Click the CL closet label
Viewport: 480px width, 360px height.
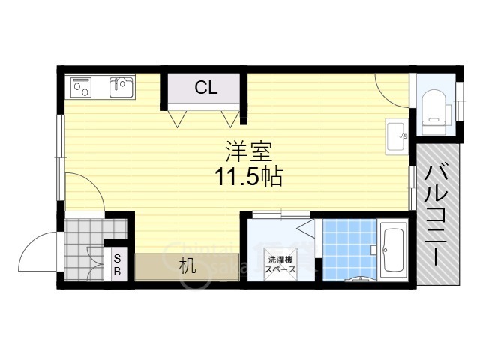(206, 87)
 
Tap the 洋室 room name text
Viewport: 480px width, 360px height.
(248, 151)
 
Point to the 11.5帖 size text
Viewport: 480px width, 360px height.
(248, 177)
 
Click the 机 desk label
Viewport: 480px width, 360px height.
(187, 265)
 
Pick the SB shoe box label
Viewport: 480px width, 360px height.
(117, 265)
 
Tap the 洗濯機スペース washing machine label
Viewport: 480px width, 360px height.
(280, 265)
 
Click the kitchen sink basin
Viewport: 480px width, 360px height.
(121, 87)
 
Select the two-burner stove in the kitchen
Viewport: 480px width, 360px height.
(81, 87)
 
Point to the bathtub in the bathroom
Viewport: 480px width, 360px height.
(394, 250)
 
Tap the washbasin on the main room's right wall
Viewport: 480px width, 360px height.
(397, 136)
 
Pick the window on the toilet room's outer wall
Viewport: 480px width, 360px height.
(460, 101)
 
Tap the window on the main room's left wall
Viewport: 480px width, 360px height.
(60, 157)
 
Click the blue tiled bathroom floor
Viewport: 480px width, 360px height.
(349, 250)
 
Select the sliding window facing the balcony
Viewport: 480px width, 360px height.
(412, 188)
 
